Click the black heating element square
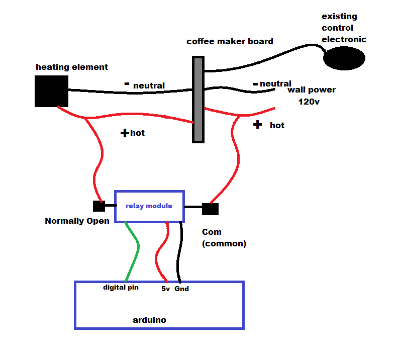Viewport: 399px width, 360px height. coord(51,91)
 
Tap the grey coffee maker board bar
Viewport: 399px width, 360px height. coord(198,99)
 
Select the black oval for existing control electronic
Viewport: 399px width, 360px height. coord(344,58)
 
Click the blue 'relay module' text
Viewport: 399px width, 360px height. coord(149,206)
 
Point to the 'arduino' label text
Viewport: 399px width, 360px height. coord(149,320)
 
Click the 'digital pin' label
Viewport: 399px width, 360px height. coord(121,288)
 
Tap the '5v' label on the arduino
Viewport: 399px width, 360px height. coord(165,289)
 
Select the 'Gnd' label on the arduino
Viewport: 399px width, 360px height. coord(181,289)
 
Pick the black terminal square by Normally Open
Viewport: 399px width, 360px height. coord(98,206)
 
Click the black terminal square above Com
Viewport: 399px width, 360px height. coord(210,209)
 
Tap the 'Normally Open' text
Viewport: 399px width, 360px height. coord(77,221)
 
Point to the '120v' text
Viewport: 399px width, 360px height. coord(309,102)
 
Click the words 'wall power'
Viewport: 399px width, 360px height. coord(311,90)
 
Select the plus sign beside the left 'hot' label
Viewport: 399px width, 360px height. coord(124,133)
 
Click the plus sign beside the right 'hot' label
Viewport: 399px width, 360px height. coord(257,124)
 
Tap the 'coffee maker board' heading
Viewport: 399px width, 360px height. coord(230,41)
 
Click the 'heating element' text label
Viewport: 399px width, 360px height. coord(72,67)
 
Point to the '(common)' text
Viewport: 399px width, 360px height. coord(224,243)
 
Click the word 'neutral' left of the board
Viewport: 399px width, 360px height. coord(149,85)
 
